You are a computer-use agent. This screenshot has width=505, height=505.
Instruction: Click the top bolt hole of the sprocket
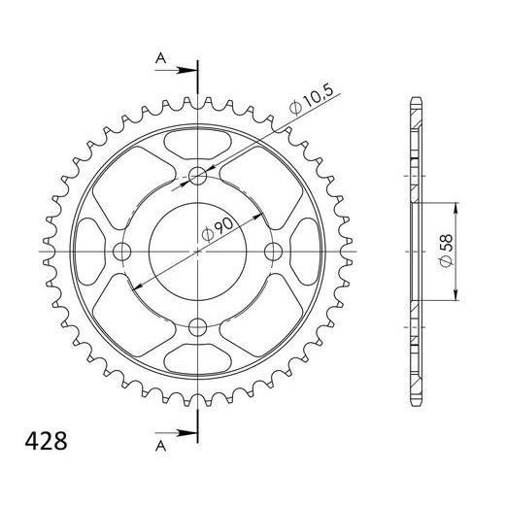(197, 176)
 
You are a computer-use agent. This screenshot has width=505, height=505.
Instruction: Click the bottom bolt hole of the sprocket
(197, 326)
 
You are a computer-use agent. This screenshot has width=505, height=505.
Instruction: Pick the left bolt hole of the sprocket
(122, 252)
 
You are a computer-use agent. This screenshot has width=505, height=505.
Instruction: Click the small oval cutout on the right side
(306, 251)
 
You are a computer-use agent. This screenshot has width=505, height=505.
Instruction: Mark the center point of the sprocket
(197, 252)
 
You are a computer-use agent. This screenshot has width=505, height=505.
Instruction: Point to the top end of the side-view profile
(415, 99)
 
